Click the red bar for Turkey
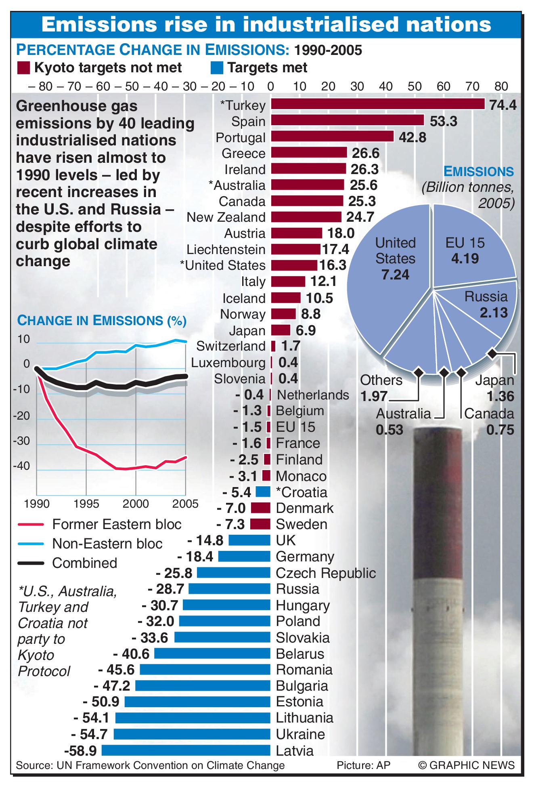point(377,104)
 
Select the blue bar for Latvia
point(186,750)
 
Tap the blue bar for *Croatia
point(263,492)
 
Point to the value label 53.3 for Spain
point(443,121)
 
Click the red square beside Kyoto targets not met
point(24,68)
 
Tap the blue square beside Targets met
point(217,68)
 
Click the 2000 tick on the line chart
point(136,504)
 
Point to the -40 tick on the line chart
point(22,466)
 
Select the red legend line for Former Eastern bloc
point(31,524)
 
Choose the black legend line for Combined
point(31,563)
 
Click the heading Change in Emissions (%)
point(102,321)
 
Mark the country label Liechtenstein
point(226,250)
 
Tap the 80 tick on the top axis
point(501,86)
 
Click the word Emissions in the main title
point(99,25)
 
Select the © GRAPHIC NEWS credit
point(466,765)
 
